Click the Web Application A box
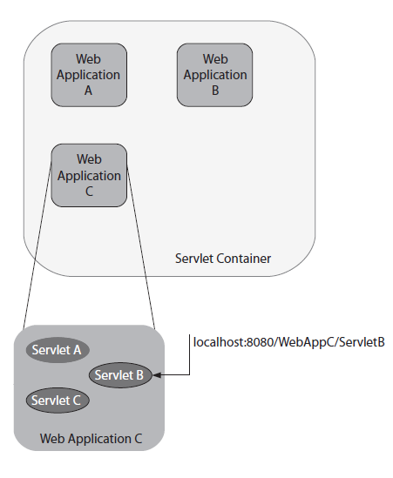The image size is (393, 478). tap(89, 75)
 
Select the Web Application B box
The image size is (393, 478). tap(215, 75)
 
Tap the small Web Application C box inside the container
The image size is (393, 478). tap(89, 175)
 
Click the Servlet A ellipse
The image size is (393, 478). tap(58, 350)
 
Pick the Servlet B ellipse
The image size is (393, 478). tap(120, 375)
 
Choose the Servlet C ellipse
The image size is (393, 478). tap(58, 401)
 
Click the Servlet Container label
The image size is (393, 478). tap(223, 259)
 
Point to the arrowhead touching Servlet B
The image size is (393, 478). tap(157, 375)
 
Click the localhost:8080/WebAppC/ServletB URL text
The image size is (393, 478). tap(289, 342)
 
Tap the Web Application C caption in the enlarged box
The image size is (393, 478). tap(91, 439)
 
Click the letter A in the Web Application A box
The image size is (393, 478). tap(88, 91)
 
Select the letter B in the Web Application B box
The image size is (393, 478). tap(215, 91)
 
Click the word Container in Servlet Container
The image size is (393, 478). tap(244, 259)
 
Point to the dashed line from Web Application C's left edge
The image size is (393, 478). tap(37, 244)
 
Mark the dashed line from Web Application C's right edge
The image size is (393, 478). tap(140, 247)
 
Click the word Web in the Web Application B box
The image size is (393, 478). tap(215, 59)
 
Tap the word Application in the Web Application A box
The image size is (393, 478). tap(88, 75)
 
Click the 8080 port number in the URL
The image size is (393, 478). tap(260, 342)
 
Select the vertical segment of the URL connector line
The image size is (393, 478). tap(189, 354)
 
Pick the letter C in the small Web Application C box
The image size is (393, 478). tap(89, 192)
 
